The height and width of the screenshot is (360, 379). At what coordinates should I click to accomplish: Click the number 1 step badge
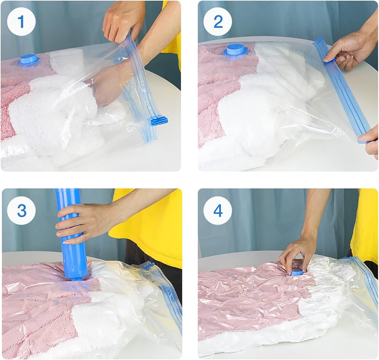(x=22, y=22)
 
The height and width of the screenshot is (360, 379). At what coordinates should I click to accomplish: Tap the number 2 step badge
(x=218, y=22)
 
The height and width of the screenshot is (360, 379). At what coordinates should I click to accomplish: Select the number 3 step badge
(x=22, y=210)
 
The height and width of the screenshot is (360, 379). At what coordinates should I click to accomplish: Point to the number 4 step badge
(x=218, y=210)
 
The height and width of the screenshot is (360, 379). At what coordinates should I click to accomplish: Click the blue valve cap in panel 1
(x=28, y=60)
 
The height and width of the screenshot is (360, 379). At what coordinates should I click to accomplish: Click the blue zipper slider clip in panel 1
(x=159, y=121)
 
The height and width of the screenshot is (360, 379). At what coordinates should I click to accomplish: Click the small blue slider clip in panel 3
(x=149, y=266)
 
